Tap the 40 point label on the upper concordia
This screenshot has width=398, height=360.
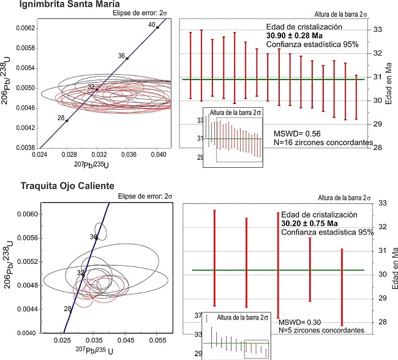[x=151, y=24]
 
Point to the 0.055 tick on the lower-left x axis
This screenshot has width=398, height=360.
[x=157, y=338]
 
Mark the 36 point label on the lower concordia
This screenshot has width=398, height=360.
[x=93, y=236]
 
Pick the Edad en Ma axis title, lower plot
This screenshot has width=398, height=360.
[x=392, y=274]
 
